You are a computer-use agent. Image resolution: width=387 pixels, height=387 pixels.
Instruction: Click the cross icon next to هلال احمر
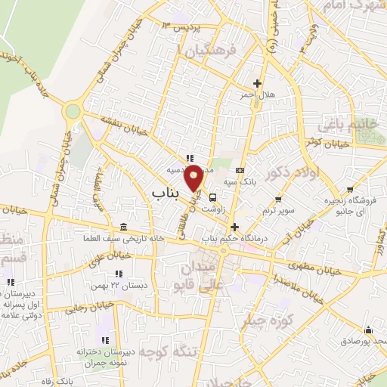[258, 83]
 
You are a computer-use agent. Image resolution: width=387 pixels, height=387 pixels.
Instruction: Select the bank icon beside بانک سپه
[240, 171]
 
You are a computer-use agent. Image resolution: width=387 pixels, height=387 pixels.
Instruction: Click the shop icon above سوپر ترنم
[279, 200]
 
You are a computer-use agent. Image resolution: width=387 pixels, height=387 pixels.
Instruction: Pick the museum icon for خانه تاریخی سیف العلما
[123, 228]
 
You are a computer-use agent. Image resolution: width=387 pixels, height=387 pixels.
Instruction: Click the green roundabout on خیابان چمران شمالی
[73, 112]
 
